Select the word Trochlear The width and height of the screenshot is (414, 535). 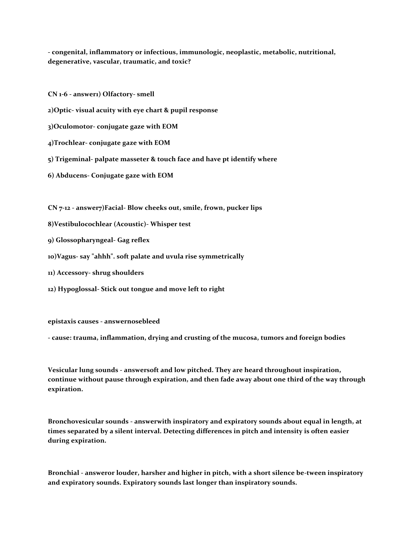pyautogui.click(x=69, y=143)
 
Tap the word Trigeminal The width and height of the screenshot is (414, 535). pyautogui.click(x=73, y=159)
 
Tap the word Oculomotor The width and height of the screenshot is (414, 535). pyautogui.click(x=71, y=126)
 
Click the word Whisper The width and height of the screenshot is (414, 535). pyautogui.click(x=164, y=224)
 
